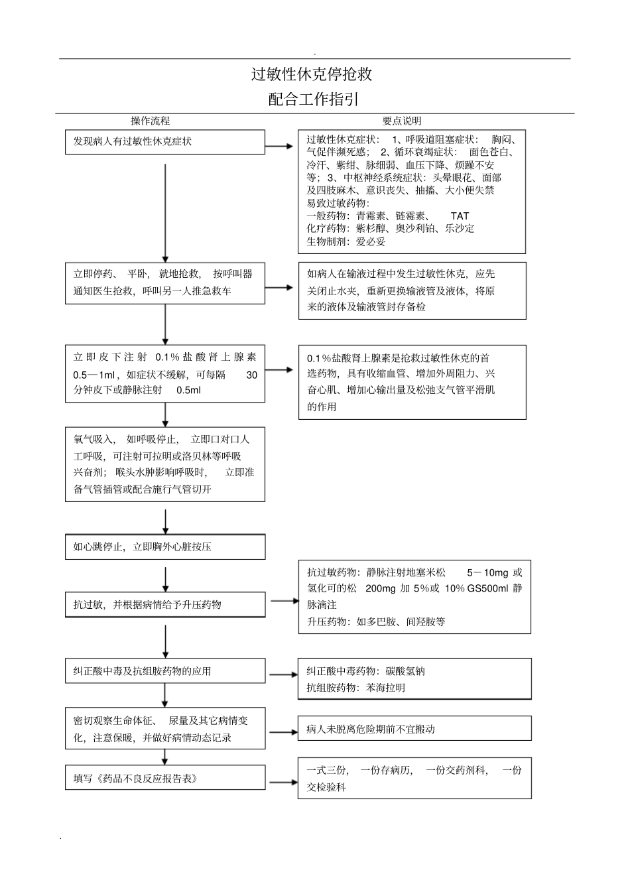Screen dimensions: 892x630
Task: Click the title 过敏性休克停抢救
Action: pos(311,74)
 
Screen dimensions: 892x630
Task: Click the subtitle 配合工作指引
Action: pos(314,99)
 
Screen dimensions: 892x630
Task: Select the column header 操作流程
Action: pos(151,121)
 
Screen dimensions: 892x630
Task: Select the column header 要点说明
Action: pos(402,121)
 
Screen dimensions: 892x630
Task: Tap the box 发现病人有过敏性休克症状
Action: pos(164,142)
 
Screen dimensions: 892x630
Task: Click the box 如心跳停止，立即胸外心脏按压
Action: pos(164,547)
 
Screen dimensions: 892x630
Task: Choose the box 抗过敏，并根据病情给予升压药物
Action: pos(164,605)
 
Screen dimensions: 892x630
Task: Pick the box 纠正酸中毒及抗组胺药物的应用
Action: pos(164,671)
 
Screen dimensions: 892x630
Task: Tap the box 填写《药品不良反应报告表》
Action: pos(164,779)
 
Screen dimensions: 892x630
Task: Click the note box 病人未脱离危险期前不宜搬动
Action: pos(414,729)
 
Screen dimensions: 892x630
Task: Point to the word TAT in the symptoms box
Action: pos(460,216)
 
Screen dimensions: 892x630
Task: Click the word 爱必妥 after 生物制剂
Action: pos(371,241)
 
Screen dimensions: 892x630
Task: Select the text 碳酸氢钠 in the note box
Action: pos(405,671)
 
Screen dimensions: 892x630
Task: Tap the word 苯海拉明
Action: pos(385,688)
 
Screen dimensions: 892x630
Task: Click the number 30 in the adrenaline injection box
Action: pos(251,375)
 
